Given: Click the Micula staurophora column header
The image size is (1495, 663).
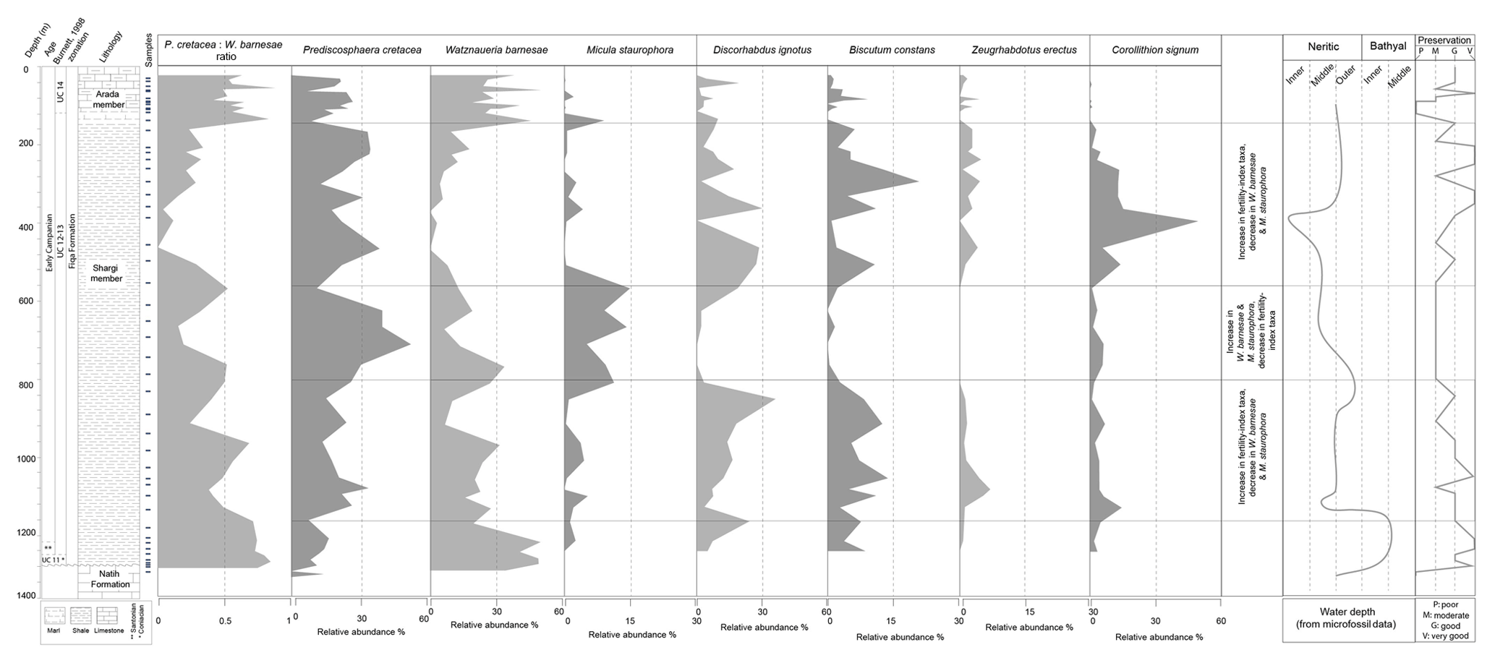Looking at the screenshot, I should click(x=630, y=50).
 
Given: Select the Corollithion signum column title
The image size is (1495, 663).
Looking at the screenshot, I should click(x=1155, y=50).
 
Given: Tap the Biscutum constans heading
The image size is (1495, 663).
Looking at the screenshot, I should click(x=892, y=50).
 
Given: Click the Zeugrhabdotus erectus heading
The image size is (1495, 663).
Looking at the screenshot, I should click(x=1024, y=50).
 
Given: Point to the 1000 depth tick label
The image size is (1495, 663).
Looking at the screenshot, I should click(x=25, y=459).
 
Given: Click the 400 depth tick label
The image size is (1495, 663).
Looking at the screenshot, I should click(x=25, y=228).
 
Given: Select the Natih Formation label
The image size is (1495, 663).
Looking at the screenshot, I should click(x=111, y=580).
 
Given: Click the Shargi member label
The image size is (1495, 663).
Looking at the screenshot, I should click(x=106, y=273).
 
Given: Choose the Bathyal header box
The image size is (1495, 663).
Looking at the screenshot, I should click(x=1388, y=46).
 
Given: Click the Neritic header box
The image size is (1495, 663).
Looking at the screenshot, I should click(x=1323, y=46).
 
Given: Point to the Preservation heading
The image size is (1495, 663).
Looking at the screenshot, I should click(x=1444, y=40).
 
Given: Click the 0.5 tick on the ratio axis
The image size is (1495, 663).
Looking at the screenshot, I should click(x=225, y=620).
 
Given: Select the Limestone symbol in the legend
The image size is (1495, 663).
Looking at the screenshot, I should click(x=106, y=615).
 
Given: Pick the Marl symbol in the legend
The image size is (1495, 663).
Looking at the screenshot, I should click(x=54, y=615).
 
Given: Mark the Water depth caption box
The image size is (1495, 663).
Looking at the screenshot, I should click(x=1348, y=618).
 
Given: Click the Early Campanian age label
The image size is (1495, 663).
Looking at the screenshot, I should click(x=49, y=242).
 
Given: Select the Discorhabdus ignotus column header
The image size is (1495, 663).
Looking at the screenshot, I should click(x=762, y=50).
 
